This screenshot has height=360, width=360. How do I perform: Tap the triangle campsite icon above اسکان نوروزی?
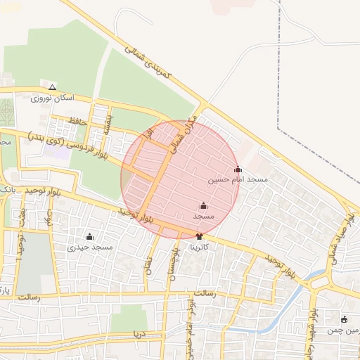[x=52, y=88]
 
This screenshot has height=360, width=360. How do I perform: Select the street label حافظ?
[x=72, y=122]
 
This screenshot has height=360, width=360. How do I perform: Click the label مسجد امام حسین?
[x=238, y=180]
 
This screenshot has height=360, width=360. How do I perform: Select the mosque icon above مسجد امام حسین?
[x=238, y=169]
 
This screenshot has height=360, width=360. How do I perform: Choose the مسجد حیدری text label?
[x=90, y=247]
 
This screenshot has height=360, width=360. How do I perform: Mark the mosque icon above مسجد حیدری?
[x=89, y=236]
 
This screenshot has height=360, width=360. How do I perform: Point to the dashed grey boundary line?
[x=278, y=84]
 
